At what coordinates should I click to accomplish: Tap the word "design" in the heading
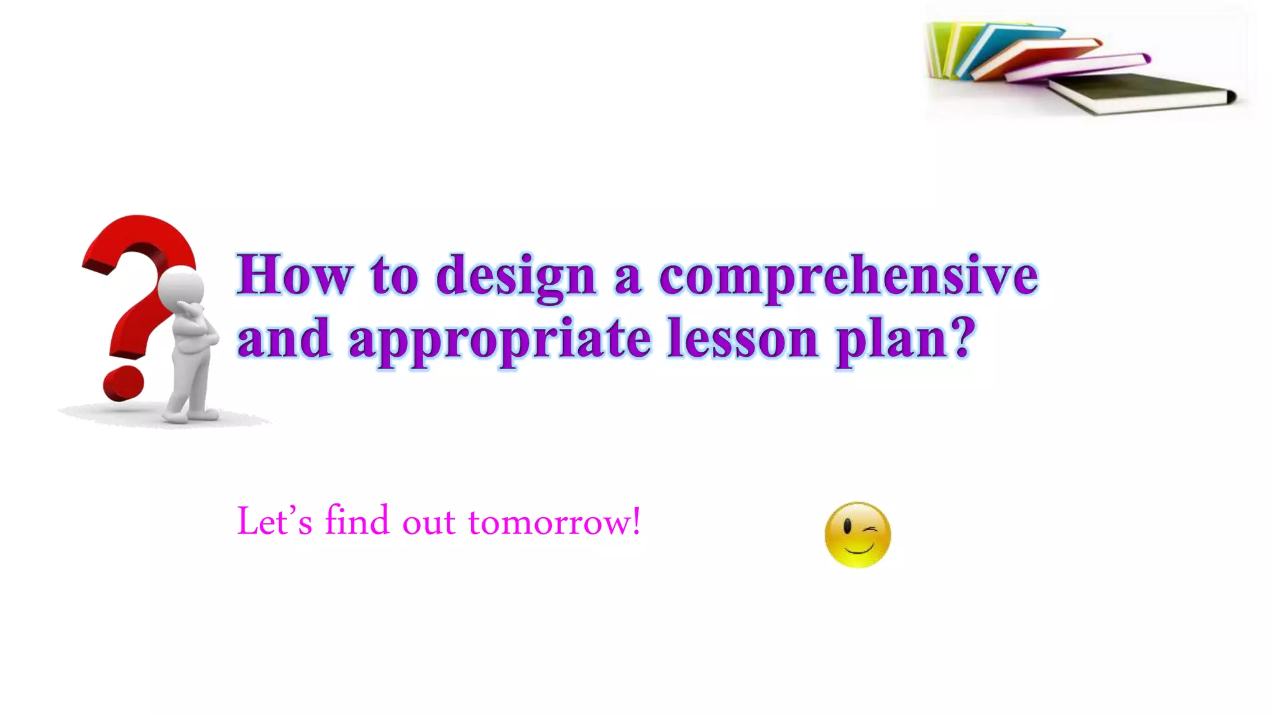516,277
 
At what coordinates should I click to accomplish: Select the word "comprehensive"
848,277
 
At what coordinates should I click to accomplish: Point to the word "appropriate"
500,341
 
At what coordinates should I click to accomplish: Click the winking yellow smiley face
857,535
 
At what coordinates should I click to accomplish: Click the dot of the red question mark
124,383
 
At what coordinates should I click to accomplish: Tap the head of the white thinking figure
181,287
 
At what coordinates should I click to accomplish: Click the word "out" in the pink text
429,522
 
